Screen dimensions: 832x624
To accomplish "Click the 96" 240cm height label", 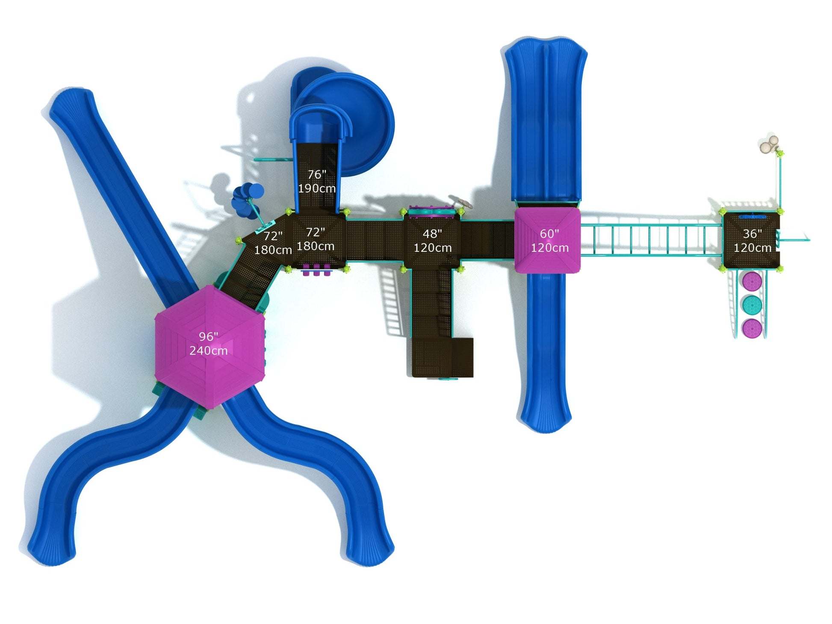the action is coord(209,344).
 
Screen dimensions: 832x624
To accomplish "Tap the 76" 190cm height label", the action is coord(317,181).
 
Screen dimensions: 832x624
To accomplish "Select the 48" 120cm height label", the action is coord(432,241).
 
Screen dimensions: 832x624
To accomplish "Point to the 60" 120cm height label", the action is coord(549,241).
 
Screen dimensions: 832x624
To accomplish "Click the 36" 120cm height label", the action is coord(752,241).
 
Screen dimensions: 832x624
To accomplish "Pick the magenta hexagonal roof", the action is coord(209,347).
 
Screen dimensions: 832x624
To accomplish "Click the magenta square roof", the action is coord(547,240).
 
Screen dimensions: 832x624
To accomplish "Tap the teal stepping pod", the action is coord(752,304).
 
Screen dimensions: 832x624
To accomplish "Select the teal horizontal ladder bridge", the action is coord(651,240).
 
